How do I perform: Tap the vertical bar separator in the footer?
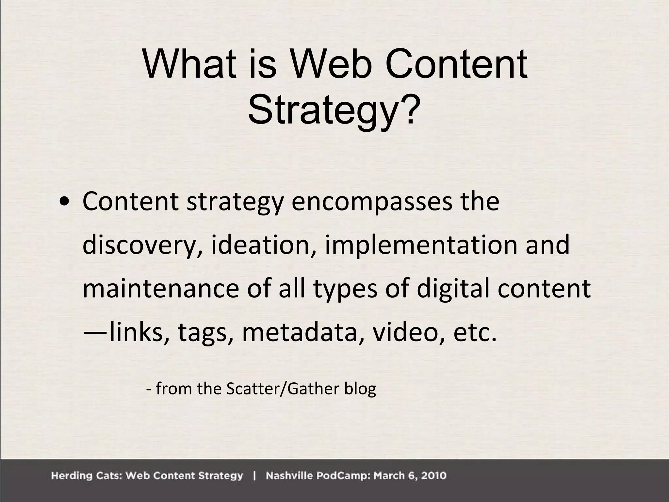pyautogui.click(x=254, y=476)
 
